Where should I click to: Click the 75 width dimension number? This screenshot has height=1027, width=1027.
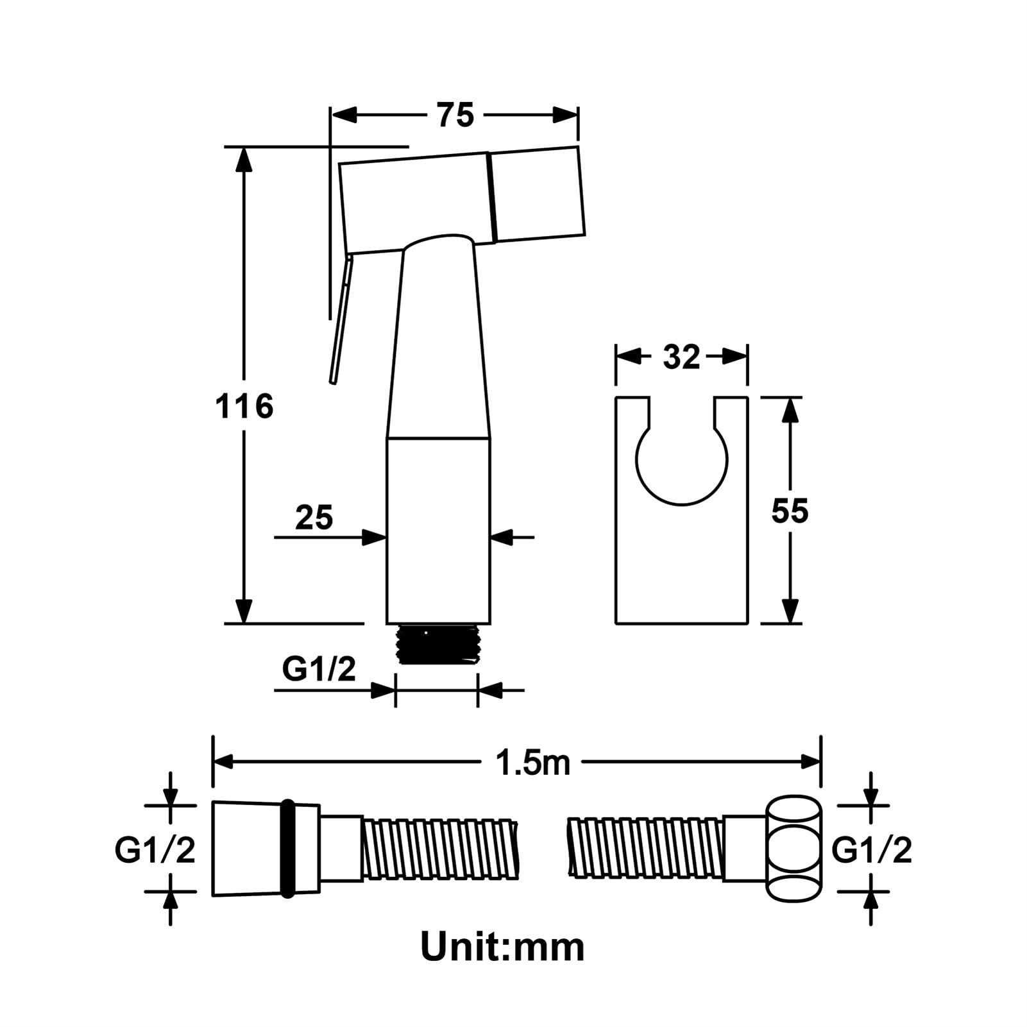[x=455, y=115]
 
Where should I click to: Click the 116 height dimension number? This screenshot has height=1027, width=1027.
[x=244, y=407]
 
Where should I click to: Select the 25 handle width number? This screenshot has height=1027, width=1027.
[x=314, y=517]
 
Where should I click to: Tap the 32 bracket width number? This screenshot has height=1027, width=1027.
[x=681, y=357]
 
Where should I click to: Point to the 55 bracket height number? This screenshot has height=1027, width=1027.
[x=790, y=511]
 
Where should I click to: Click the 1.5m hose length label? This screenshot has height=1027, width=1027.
[x=532, y=763]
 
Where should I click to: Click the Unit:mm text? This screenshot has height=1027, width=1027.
[x=502, y=947]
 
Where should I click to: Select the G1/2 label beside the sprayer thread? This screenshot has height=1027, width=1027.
[x=319, y=670]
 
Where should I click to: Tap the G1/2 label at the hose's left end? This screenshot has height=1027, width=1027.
[x=155, y=851]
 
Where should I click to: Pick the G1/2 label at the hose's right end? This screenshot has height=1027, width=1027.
[x=872, y=851]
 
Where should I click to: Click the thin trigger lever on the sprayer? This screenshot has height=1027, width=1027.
[x=339, y=321]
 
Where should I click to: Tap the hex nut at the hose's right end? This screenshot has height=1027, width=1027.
[x=794, y=850]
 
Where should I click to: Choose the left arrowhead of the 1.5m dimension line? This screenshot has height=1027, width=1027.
[x=222, y=761]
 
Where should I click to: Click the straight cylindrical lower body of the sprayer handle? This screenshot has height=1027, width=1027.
[x=438, y=529]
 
